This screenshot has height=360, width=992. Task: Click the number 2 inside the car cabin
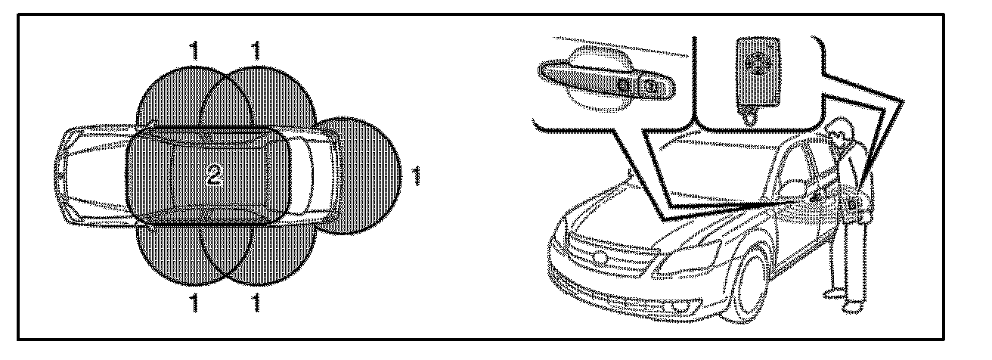[213, 176]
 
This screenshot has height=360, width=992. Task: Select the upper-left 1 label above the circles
[194, 51]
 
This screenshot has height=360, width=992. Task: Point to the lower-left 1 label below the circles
[194, 306]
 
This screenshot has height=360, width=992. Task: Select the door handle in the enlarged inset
[597, 79]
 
